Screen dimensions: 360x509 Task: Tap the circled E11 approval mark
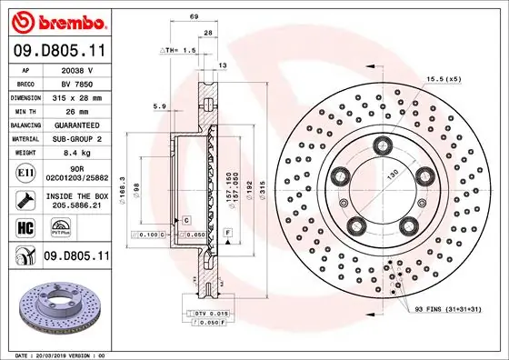tap(25, 171)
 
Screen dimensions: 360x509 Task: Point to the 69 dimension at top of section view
tap(194, 18)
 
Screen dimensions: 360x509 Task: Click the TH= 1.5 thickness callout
tap(180, 51)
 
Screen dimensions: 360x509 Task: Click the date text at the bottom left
tap(56, 353)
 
